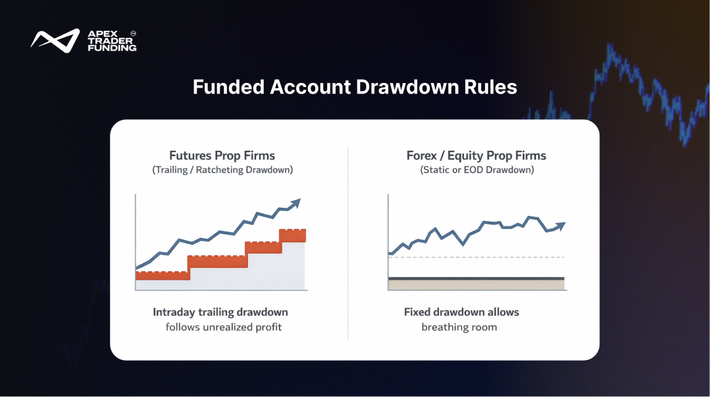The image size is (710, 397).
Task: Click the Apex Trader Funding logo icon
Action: click(55, 40)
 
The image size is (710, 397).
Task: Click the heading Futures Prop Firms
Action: click(222, 155)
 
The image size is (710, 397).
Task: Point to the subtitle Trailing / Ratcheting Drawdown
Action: click(222, 170)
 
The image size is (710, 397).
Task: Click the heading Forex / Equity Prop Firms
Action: click(476, 155)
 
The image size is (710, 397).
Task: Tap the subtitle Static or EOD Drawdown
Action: click(477, 170)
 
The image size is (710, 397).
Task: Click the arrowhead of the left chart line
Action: click(295, 203)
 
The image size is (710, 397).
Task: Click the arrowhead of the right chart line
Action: click(561, 226)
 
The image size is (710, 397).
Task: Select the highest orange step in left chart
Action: click(293, 236)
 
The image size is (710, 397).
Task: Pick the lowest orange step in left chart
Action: click(163, 275)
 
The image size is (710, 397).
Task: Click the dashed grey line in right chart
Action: click(476, 257)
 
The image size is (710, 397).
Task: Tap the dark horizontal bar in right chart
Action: click(476, 278)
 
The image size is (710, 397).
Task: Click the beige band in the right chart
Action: click(476, 285)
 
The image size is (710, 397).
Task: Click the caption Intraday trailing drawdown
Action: click(220, 312)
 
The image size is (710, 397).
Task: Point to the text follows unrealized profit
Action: click(224, 327)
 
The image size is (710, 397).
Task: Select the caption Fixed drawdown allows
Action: click(461, 312)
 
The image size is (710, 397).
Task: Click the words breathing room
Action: click(459, 327)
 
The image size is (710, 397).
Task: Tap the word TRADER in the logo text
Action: click(110, 41)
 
